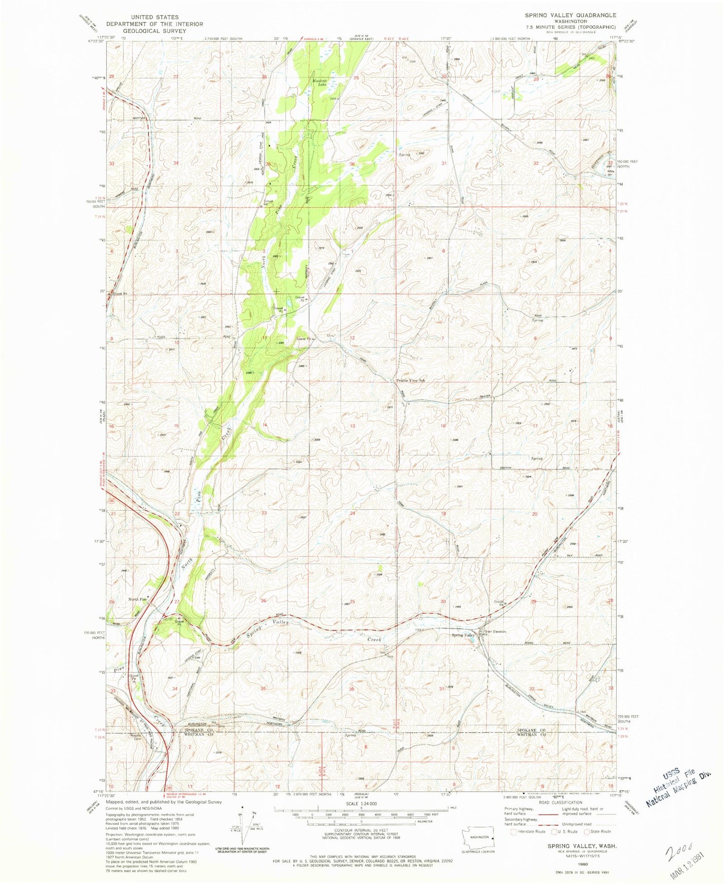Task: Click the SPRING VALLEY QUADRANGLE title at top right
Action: click(x=567, y=15)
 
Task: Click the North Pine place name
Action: click(x=138, y=599)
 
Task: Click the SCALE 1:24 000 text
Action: click(x=361, y=803)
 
